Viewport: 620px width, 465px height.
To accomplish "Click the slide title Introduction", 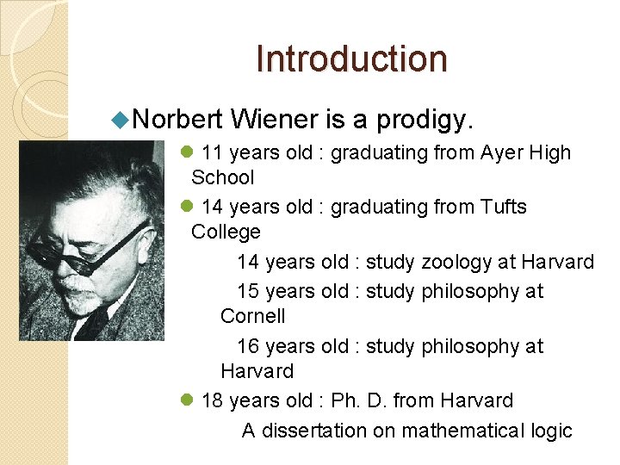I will tap(351, 59).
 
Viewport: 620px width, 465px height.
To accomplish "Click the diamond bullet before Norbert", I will tap(122, 116).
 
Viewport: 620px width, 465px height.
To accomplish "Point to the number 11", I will tap(212, 153).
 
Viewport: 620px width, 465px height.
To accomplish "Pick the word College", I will tap(226, 232).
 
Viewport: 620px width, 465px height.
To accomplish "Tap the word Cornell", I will tap(252, 316).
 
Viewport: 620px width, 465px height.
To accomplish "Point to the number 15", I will tap(248, 291).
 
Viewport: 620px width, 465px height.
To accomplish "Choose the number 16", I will tap(248, 346).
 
